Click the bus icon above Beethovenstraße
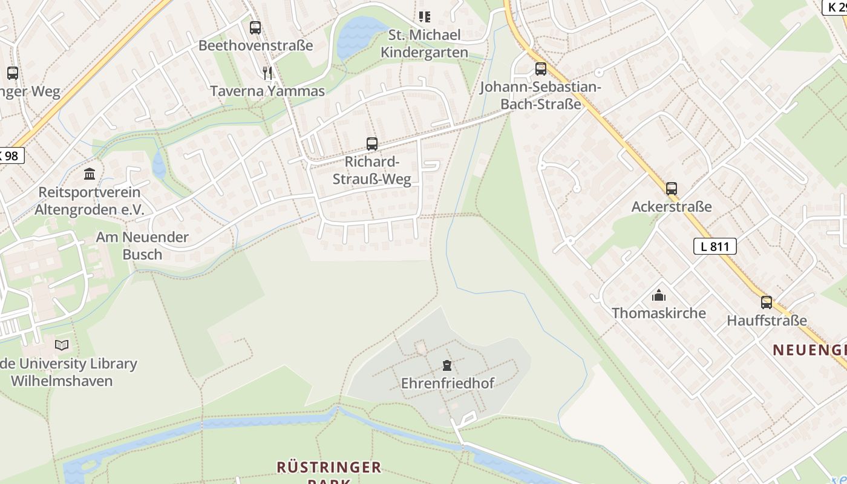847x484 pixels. pos(255,27)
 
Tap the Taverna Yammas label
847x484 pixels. pos(267,91)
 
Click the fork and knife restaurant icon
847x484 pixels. pos(267,73)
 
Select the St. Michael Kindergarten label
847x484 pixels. pos(424,44)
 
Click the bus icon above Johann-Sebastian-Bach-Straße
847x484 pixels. pos(540,69)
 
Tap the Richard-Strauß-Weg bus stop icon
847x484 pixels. pos(372,144)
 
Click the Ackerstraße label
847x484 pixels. pos(672,207)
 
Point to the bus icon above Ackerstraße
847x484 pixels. pos(672,189)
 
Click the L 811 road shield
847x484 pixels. pos(715,246)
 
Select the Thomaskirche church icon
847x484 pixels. pos(658,295)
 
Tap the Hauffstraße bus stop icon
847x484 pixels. pos(766,302)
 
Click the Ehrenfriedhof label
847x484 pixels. pos(447,383)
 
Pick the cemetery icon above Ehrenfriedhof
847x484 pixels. pos(446,365)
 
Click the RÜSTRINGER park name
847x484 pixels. pos(329,468)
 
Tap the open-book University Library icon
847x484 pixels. pos(62,345)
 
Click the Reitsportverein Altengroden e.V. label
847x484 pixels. pos(89,201)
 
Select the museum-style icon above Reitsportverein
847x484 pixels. pos(90,174)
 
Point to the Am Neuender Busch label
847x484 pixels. pos(142,245)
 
